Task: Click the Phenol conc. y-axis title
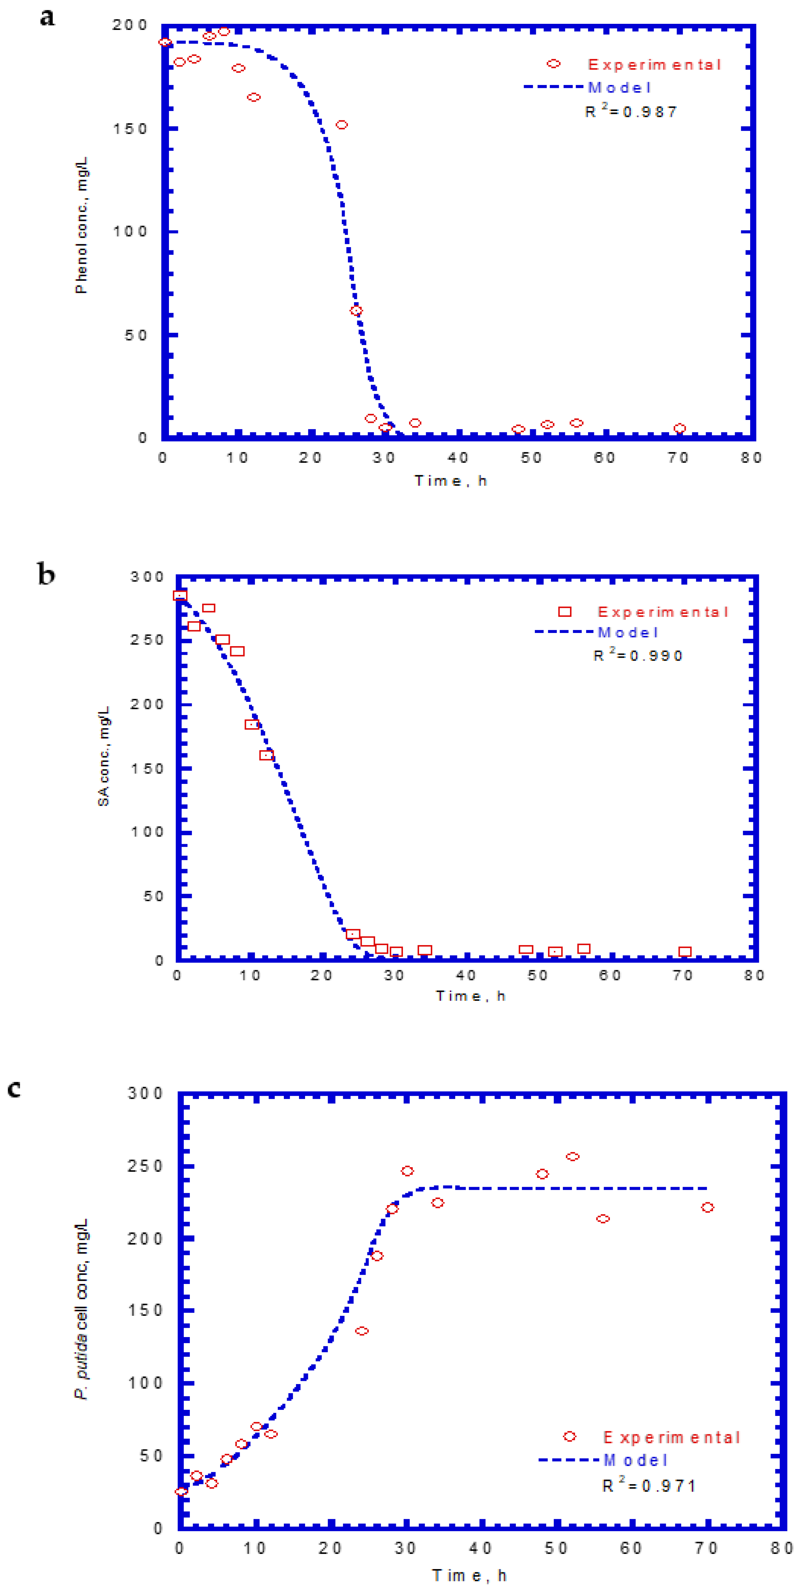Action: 81,225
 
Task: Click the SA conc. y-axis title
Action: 104,756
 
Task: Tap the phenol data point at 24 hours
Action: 341,125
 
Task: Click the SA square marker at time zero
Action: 180,596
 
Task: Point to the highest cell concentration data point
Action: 572,1157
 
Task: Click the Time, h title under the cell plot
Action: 469,1575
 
